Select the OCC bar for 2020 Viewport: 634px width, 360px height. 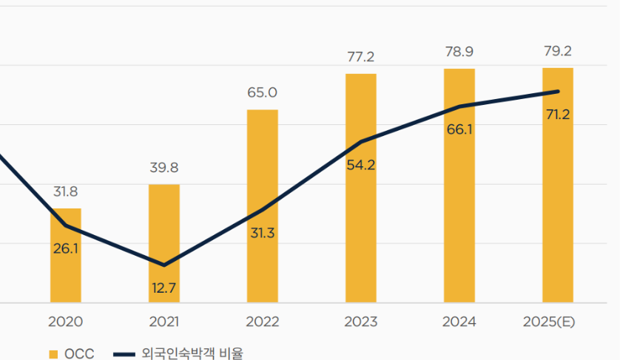66,255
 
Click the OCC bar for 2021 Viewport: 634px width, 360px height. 164,244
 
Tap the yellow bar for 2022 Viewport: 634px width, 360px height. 263,206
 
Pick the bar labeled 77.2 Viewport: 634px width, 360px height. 361,189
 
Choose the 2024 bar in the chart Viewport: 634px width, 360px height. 459,186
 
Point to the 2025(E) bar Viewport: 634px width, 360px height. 558,185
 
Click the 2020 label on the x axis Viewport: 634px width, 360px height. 66,322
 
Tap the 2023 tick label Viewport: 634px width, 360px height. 361,322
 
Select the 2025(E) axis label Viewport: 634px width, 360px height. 549,322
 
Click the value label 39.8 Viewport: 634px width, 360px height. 164,168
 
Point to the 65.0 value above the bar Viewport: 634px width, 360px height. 263,92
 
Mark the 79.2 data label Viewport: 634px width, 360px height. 558,51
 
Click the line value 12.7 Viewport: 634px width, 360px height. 163,288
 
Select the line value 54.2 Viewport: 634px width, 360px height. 361,166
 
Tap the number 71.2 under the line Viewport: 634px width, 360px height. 558,115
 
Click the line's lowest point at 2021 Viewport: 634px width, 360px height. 164,265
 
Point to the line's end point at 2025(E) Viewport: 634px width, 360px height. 559,92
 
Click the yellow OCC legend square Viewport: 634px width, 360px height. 53,354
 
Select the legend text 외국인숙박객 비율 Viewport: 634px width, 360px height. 192,353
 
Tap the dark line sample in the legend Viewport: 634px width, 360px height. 124,355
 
